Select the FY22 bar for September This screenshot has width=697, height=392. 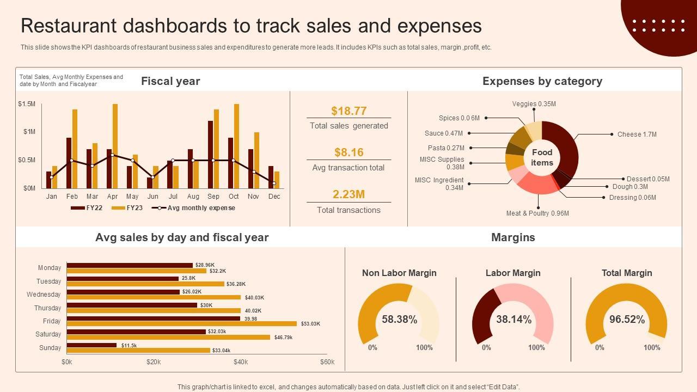(x=211, y=155)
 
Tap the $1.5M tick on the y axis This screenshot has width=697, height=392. (x=27, y=104)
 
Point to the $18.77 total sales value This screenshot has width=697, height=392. (x=348, y=111)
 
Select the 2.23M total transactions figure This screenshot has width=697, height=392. (x=348, y=194)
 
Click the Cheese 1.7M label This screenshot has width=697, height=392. (x=637, y=134)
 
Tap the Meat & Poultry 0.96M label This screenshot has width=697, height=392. (x=537, y=213)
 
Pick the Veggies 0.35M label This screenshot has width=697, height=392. (x=534, y=104)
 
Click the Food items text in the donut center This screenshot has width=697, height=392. (x=542, y=157)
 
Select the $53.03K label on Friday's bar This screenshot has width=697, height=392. (x=310, y=324)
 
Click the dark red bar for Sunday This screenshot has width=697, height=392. (x=91, y=345)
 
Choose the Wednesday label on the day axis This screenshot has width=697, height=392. (x=44, y=295)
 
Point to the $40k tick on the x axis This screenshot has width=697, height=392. (x=241, y=362)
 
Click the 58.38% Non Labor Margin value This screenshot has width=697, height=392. (x=399, y=320)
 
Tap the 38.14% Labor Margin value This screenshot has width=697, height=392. (x=513, y=320)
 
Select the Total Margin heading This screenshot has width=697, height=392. (x=627, y=273)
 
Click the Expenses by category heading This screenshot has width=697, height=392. (x=542, y=81)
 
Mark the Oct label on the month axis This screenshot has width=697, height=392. (x=234, y=197)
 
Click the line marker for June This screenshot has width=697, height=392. (x=152, y=177)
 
